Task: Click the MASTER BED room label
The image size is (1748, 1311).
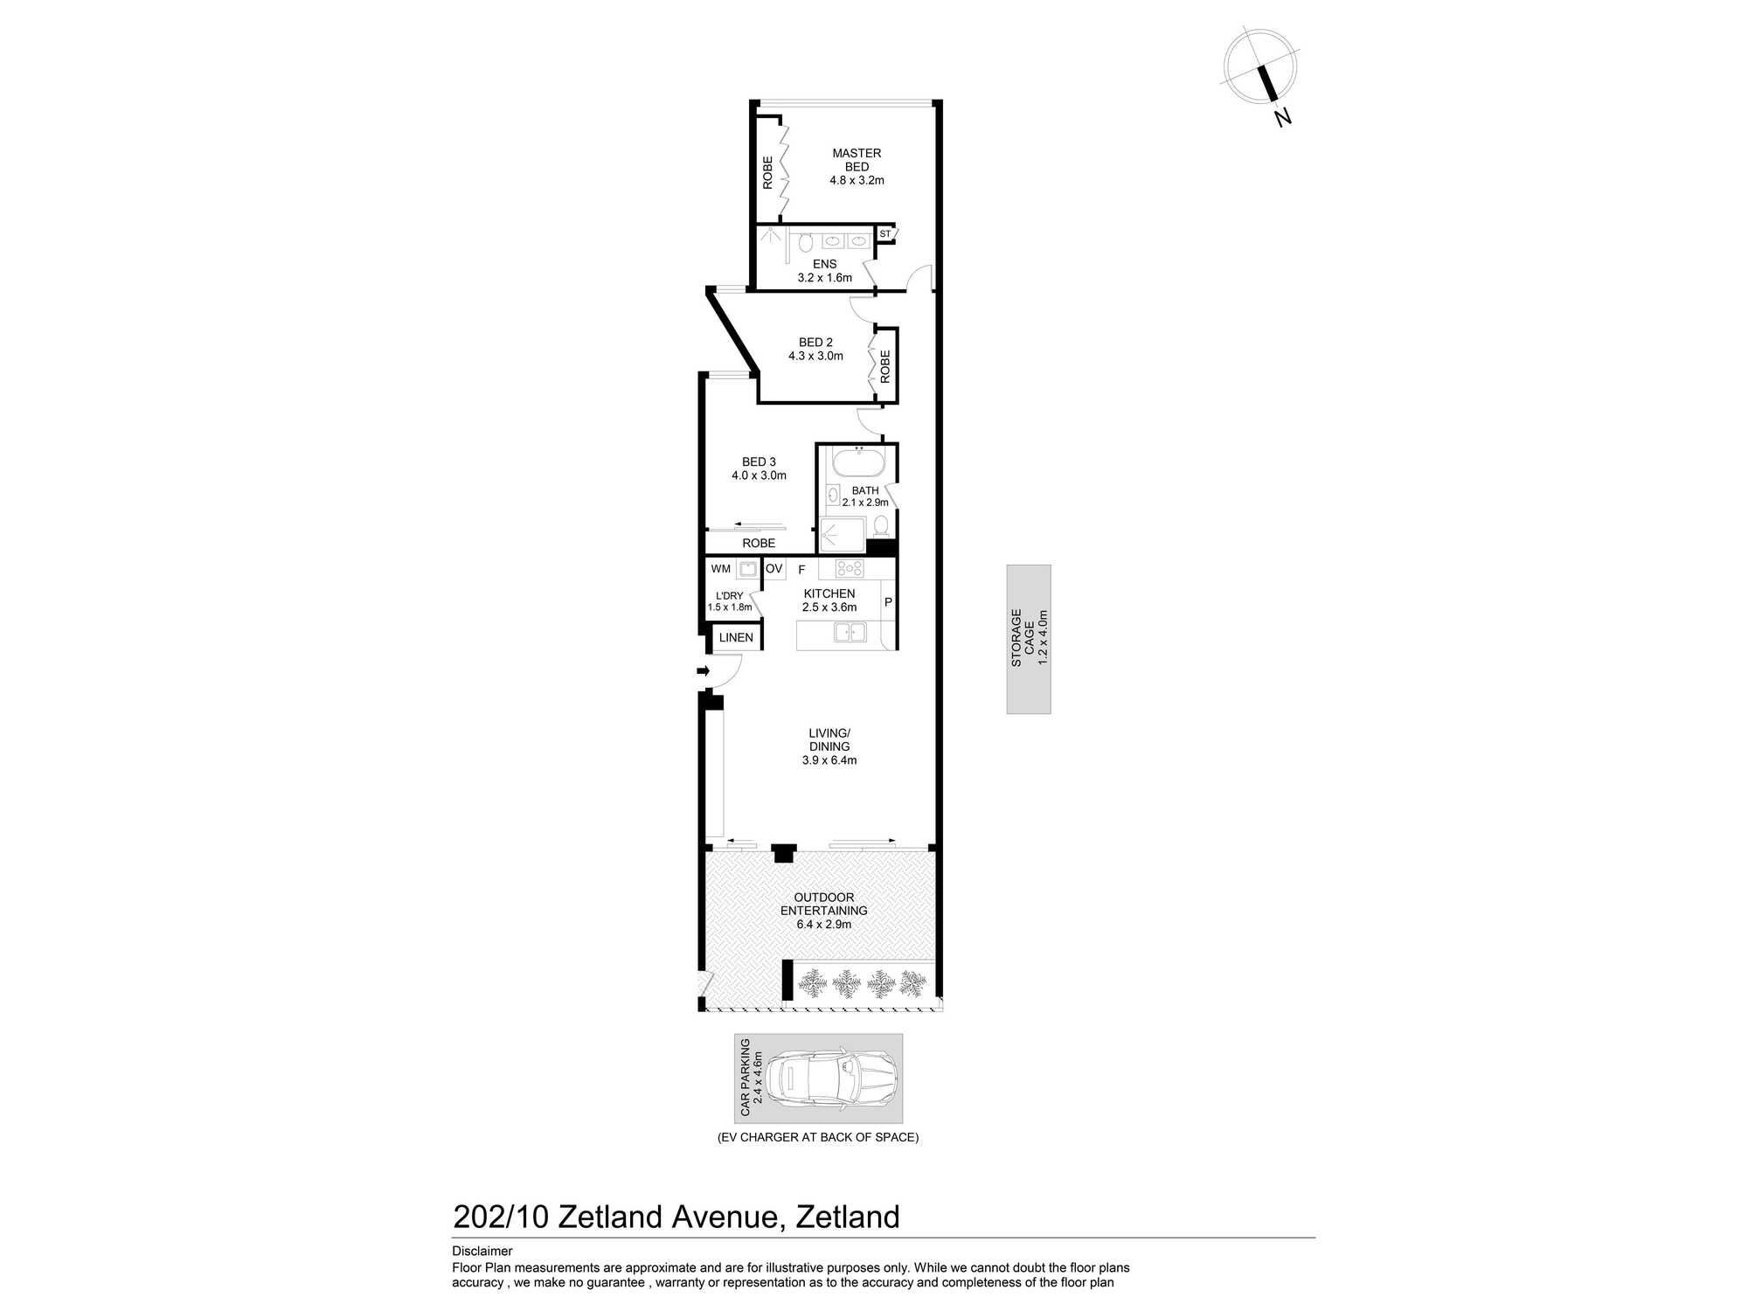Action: (857, 160)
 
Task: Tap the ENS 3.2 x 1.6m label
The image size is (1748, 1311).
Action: (824, 271)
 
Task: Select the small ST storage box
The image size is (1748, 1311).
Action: (884, 234)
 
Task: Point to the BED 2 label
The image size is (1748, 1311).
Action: (815, 343)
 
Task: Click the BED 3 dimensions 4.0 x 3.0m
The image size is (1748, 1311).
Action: (759, 475)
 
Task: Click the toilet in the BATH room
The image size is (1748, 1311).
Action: (881, 525)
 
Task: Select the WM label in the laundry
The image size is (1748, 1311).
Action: (720, 569)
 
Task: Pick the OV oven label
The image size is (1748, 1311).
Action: (773, 569)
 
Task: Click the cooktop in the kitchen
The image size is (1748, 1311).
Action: (849, 569)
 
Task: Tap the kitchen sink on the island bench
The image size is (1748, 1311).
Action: (849, 632)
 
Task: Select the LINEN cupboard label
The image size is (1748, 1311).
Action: (736, 638)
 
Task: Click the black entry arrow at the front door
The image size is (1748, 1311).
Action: (703, 671)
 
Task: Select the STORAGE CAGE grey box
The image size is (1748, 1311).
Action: (1029, 639)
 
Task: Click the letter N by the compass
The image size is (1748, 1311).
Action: (1282, 117)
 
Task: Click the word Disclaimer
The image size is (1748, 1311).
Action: (482, 1252)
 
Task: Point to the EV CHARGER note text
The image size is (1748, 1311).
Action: (818, 1137)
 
